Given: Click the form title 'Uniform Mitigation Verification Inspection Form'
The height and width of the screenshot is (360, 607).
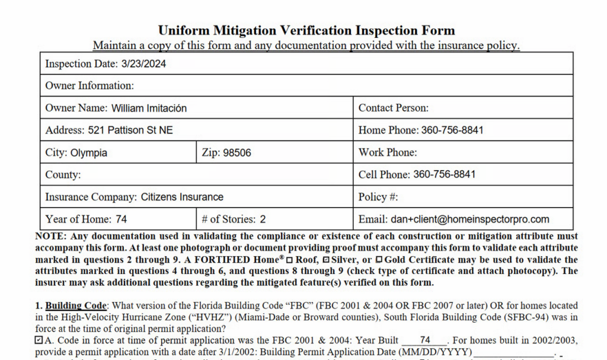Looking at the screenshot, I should [x=306, y=30].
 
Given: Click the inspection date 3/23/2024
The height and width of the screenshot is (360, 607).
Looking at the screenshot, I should [x=143, y=64].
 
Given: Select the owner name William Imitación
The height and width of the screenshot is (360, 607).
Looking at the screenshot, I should [x=148, y=108].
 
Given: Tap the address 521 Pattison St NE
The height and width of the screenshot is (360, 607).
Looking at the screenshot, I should [x=130, y=130].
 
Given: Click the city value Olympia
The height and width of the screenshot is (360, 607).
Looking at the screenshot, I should [x=89, y=152].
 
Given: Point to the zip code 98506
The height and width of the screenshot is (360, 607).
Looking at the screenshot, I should [x=237, y=152].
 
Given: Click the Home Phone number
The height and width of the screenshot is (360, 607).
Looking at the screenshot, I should [x=452, y=130].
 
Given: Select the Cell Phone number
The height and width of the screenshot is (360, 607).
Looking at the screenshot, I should [x=444, y=174].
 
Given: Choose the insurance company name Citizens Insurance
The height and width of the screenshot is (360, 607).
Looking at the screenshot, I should [x=182, y=197].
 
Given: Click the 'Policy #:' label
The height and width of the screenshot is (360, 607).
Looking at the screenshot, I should [x=378, y=197].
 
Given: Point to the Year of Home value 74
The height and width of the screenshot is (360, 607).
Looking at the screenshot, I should [x=121, y=219].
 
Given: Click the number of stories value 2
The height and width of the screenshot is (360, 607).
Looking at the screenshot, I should [x=263, y=219].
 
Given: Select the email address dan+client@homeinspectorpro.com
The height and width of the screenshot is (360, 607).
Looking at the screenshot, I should [x=470, y=219].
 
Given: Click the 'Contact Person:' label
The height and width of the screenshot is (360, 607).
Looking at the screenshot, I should [x=393, y=108].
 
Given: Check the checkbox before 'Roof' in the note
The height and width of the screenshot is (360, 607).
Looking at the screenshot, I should [x=290, y=260].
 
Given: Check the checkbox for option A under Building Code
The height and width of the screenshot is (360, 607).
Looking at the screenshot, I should [x=39, y=340].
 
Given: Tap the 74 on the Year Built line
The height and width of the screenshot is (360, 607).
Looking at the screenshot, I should [x=424, y=340].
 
